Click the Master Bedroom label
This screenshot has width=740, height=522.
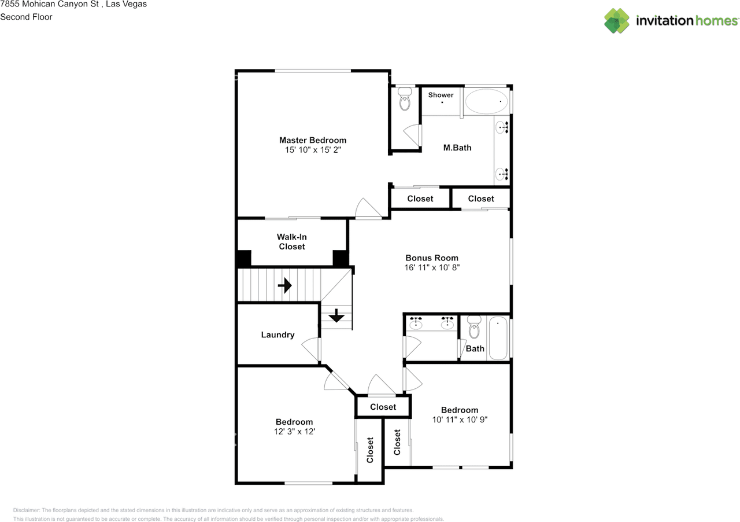click(313, 140)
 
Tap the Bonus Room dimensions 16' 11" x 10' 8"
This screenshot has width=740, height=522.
click(432, 267)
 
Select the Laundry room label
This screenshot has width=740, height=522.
click(277, 334)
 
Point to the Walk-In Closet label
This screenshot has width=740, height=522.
click(292, 241)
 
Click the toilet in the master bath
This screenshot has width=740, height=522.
click(405, 98)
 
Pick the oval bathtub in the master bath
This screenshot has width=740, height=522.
click(486, 101)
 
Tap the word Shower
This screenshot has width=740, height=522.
click(441, 95)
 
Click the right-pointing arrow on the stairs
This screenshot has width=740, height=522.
click(284, 285)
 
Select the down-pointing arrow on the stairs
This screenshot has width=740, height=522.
click(336, 315)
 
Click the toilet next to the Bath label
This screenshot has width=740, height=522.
click(475, 327)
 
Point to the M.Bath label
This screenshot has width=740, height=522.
click(457, 148)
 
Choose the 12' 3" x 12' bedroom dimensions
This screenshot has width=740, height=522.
click(294, 431)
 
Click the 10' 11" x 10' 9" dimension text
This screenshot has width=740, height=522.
click(460, 420)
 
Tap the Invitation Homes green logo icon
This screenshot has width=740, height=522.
click(617, 21)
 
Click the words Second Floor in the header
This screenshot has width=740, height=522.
click(26, 17)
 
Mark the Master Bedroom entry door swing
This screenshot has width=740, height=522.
click(368, 208)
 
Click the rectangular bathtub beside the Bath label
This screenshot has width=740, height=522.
click(498, 338)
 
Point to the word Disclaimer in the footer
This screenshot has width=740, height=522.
click(26, 510)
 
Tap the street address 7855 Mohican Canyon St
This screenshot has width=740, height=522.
click(50, 4)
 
